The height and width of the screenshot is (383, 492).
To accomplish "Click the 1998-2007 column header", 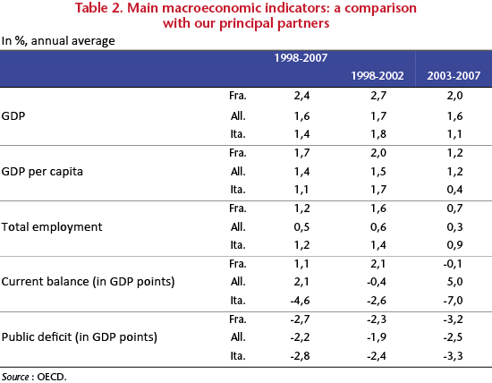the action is point(301,58).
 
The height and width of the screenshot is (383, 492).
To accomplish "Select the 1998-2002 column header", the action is point(377,76).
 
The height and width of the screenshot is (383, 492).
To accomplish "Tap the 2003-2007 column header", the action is point(454,76).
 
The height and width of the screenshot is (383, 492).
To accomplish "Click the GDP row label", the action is point(13,115).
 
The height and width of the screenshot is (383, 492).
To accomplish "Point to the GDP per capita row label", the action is point(42,172).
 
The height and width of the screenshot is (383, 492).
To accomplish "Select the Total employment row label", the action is point(52,226).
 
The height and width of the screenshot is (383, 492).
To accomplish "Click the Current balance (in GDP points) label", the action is point(88,282).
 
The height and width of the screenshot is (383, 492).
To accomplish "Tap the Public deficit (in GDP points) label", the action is point(80,337).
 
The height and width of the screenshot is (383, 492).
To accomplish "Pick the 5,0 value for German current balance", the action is point(454,282).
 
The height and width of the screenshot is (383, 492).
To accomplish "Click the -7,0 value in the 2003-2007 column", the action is point(453,301).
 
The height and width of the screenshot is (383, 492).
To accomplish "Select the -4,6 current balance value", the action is point(300,301).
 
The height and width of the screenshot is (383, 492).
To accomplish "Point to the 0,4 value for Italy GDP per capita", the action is point(454,190).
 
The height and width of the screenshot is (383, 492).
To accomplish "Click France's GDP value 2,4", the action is point(301,96).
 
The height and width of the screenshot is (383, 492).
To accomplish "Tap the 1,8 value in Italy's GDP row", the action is point(378,134).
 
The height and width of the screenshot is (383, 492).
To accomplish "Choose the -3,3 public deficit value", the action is point(453,356).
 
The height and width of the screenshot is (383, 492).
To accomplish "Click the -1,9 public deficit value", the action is point(377,337).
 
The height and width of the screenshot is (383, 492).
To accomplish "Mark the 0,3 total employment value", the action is point(454,226).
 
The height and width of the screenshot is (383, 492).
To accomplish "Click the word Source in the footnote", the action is point(15,377).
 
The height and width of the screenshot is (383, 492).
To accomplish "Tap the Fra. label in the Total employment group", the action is point(238,209).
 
